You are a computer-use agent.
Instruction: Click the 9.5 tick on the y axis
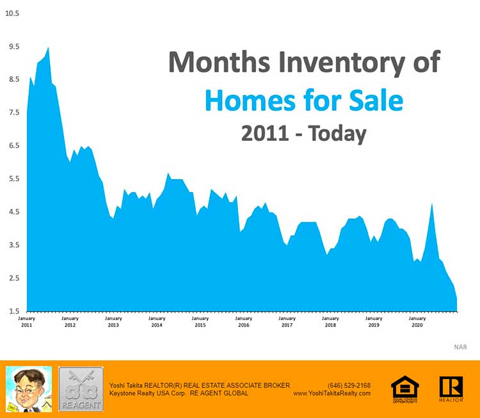click(12, 47)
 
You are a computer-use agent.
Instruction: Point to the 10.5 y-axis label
click(12, 13)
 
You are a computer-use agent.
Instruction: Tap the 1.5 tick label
click(12, 311)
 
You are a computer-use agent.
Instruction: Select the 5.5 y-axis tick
click(12, 179)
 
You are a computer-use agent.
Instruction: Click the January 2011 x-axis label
click(26, 322)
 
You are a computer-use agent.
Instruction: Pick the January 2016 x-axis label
click(243, 322)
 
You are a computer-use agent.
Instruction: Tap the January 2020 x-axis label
click(417, 322)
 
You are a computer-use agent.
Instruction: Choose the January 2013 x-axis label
click(113, 322)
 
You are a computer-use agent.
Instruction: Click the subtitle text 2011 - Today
click(303, 134)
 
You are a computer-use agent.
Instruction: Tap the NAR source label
click(460, 347)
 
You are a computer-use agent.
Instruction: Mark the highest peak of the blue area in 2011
click(48, 48)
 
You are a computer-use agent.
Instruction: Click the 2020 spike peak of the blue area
click(432, 204)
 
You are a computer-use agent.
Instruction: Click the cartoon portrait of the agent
click(29, 389)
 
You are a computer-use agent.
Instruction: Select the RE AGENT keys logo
click(81, 389)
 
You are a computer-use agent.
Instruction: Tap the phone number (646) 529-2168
click(349, 385)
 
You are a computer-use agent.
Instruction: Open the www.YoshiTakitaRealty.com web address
click(332, 393)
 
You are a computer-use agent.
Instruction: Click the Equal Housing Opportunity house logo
click(404, 389)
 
